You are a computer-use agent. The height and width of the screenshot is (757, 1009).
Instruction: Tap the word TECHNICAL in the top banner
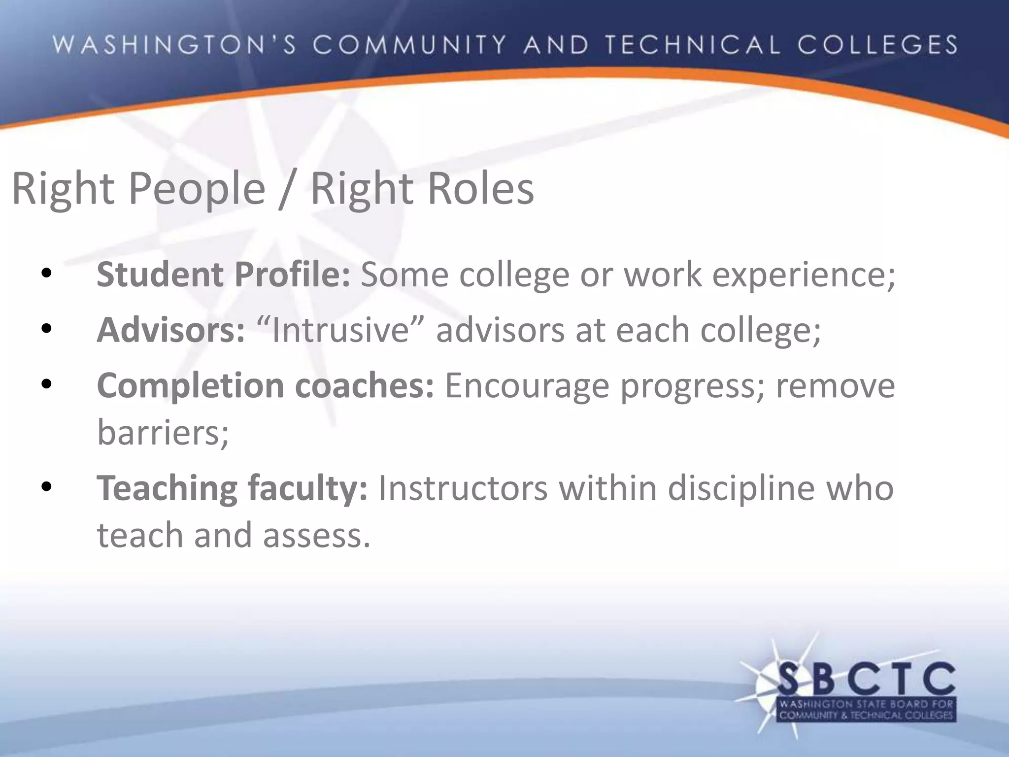693,45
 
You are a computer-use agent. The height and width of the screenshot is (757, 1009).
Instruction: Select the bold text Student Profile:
223,275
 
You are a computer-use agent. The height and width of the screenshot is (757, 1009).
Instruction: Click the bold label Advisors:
170,330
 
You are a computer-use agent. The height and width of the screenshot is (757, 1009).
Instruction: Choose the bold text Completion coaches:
266,386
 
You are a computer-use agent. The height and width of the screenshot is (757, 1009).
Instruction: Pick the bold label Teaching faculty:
232,489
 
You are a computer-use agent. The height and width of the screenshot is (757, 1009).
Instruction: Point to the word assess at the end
316,536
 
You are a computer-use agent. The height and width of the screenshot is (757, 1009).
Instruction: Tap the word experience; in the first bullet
804,275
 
